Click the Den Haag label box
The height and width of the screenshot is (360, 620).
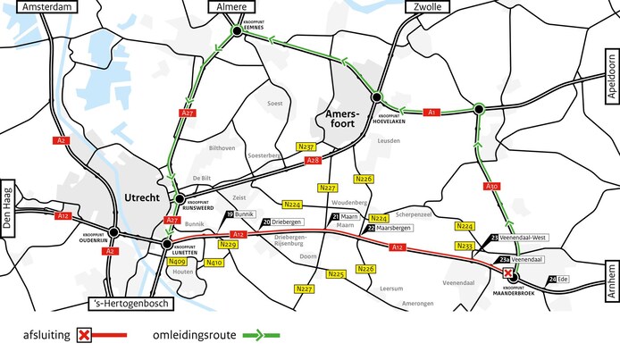pos(8,202)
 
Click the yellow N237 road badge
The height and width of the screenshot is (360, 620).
pos(306,147)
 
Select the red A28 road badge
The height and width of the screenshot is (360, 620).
pos(313,161)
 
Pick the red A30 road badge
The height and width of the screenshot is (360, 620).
pos(491,186)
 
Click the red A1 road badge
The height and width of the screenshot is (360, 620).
pos(432,112)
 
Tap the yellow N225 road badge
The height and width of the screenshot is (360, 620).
pos(336,274)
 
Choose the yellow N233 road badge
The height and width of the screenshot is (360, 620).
pos(465,245)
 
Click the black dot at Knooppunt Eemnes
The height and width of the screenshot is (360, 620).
pos(237,31)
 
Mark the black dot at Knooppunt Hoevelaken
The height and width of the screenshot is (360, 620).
pos(378,96)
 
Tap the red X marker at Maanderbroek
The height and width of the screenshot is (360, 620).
pos(508,273)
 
